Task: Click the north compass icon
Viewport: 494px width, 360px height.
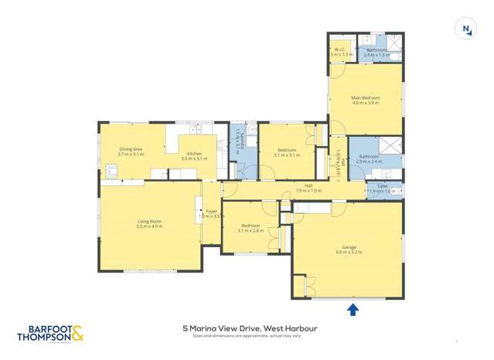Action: pyautogui.click(x=465, y=29)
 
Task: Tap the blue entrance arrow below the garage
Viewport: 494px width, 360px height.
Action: pyautogui.click(x=353, y=310)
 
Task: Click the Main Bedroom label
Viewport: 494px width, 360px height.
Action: pyautogui.click(x=365, y=98)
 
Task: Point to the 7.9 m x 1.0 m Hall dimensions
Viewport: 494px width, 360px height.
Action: pyautogui.click(x=308, y=191)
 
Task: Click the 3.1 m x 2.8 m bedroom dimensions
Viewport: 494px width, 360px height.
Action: pyautogui.click(x=250, y=230)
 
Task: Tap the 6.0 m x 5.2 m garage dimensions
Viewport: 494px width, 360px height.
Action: pyautogui.click(x=348, y=253)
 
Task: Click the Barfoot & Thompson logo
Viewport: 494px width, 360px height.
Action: pyautogui.click(x=49, y=332)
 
